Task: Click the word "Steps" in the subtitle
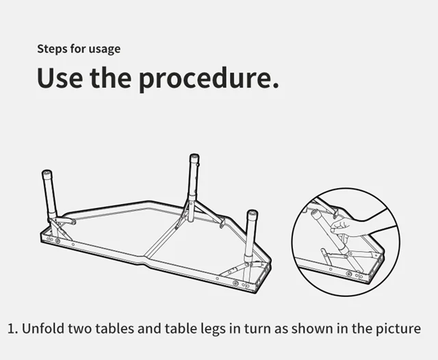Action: [52, 49]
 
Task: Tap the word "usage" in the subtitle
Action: [105, 49]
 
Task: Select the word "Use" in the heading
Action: [60, 77]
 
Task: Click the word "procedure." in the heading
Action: [209, 79]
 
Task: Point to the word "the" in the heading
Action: [111, 77]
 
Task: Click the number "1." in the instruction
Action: [13, 329]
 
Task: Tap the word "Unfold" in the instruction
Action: [43, 328]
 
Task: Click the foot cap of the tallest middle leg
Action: [194, 157]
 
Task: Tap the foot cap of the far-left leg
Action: [47, 173]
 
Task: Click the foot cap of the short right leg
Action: [253, 214]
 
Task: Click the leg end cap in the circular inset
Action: [316, 214]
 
